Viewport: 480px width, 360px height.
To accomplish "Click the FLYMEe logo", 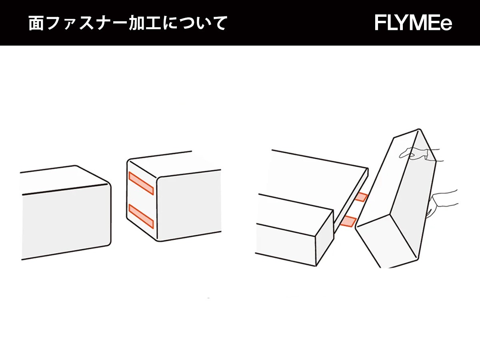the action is [x=413, y=23].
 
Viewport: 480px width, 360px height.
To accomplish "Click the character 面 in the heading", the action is [x=36, y=23].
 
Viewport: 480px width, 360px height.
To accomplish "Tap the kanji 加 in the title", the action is [x=137, y=23].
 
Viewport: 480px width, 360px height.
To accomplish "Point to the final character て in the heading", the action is [x=218, y=23].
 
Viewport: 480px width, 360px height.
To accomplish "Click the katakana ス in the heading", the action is [x=87, y=23].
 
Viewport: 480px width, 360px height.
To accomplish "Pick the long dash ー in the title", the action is [x=120, y=23].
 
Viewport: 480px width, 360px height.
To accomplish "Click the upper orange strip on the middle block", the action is [x=141, y=183].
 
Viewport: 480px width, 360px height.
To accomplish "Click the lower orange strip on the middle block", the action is [x=141, y=216].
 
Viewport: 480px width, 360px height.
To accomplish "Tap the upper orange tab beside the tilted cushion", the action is [x=361, y=197].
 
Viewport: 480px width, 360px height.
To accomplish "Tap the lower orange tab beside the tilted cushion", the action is [x=348, y=221].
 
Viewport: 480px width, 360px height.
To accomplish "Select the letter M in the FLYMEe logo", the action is [x=413, y=23].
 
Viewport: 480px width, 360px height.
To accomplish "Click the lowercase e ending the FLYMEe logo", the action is [x=446, y=24].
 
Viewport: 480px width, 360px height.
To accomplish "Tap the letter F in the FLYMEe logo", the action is [x=380, y=23].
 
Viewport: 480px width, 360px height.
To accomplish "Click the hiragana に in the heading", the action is [x=170, y=23].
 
